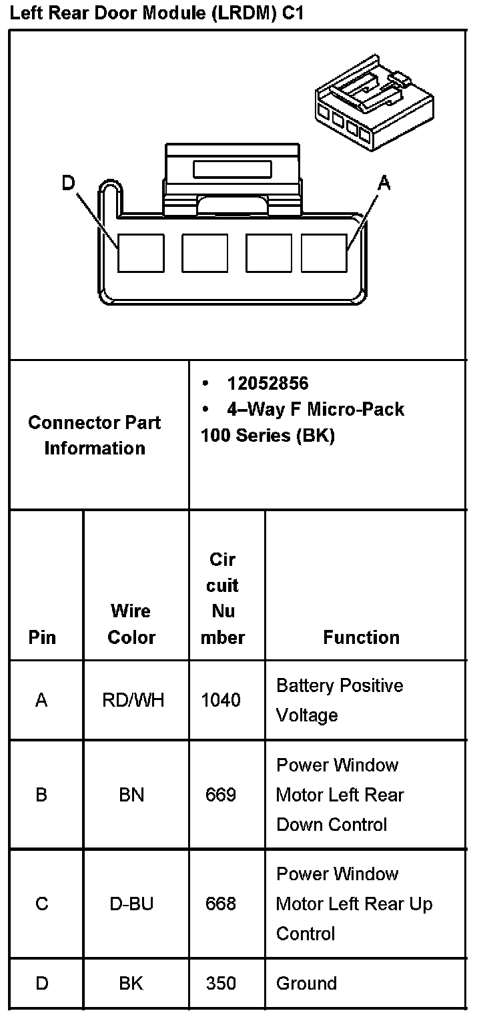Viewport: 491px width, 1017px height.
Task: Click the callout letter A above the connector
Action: [x=384, y=182]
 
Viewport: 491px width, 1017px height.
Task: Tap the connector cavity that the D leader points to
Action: [x=141, y=253]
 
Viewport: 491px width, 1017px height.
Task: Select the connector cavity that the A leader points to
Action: [x=324, y=253]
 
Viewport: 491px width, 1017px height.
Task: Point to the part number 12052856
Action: [x=268, y=383]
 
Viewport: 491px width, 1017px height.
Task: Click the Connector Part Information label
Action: [x=95, y=435]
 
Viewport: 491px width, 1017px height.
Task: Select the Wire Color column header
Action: [x=131, y=624]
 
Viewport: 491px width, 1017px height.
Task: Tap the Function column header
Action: [x=361, y=637]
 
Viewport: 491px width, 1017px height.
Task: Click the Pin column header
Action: [x=42, y=637]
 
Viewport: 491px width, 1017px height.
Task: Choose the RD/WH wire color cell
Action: [x=133, y=700]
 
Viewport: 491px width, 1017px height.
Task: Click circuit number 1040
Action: [x=221, y=700]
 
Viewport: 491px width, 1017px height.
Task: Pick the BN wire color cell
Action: [x=131, y=795]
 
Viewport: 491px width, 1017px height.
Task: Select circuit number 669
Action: [x=221, y=795]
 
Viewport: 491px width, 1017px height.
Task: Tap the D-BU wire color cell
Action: [x=131, y=904]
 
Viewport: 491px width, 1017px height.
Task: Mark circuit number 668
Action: [x=221, y=904]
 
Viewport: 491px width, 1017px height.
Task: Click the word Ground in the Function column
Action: [x=306, y=983]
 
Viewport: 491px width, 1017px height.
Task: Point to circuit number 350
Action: [x=221, y=983]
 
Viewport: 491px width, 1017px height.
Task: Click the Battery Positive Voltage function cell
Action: [x=340, y=700]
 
